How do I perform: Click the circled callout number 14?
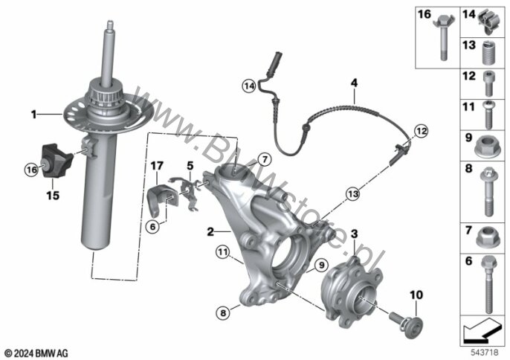coord(248,87)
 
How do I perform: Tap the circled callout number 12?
coord(422,131)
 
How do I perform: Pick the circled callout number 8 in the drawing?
coord(222,313)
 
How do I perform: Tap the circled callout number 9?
coord(321,264)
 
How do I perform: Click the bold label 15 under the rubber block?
coord(53,196)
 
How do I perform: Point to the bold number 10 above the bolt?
coord(415,296)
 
